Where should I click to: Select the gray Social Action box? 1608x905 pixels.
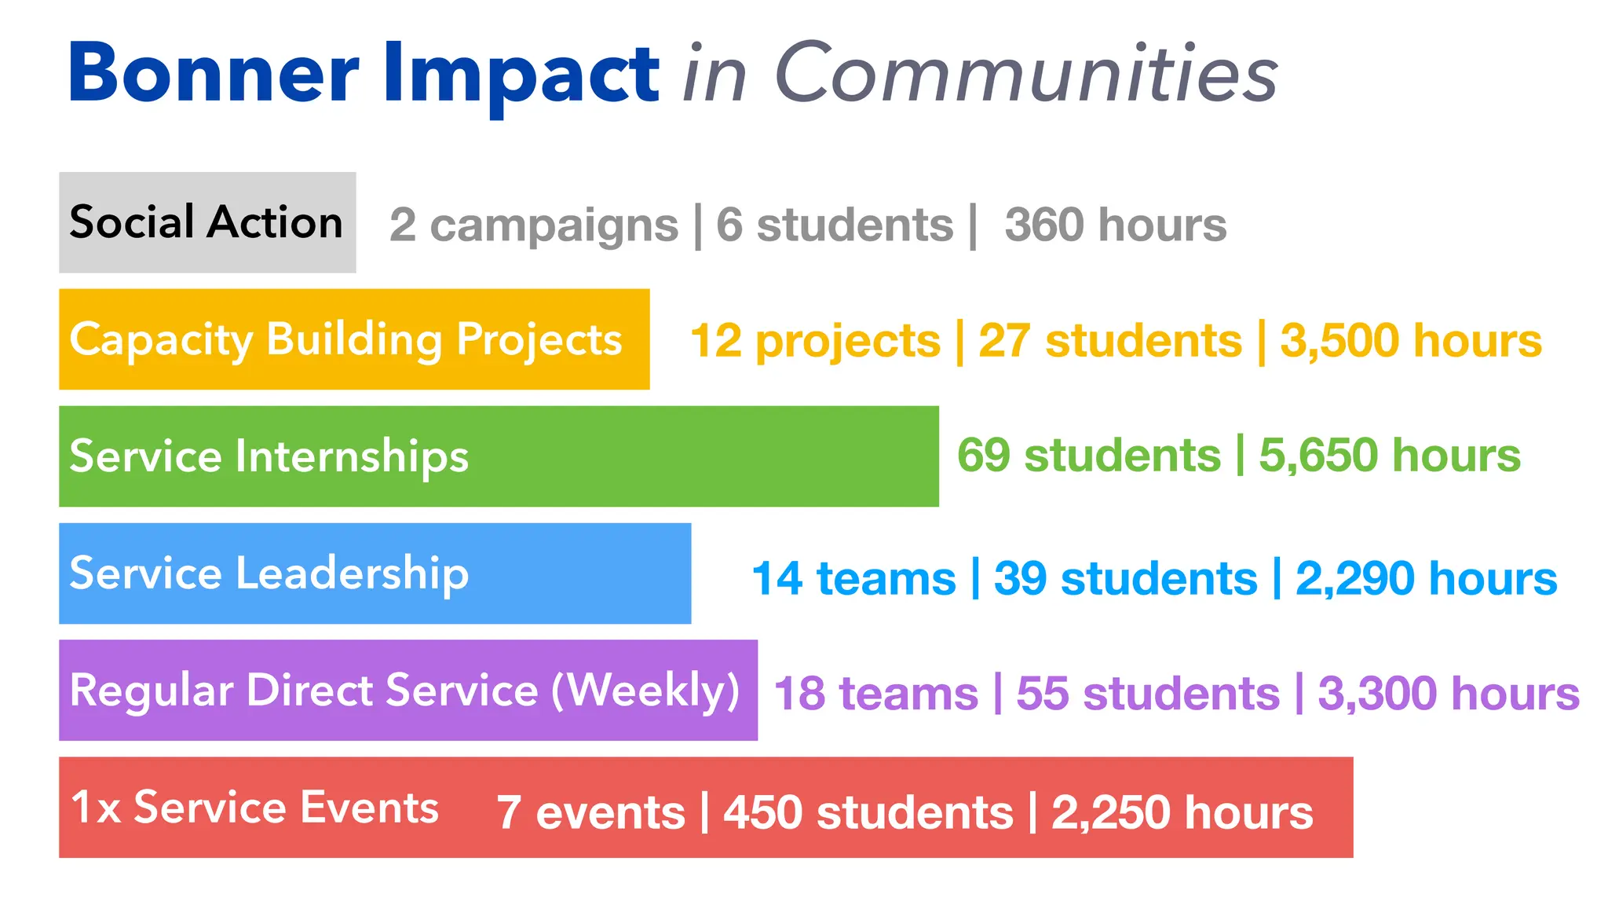(x=207, y=222)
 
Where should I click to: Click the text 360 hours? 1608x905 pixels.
(x=1115, y=225)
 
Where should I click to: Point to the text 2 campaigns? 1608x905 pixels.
(x=534, y=225)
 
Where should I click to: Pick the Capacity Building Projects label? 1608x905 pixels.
(x=345, y=340)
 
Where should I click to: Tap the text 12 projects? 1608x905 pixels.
(x=815, y=341)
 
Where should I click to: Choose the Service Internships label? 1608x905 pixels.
(x=269, y=456)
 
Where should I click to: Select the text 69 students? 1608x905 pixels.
(x=1089, y=456)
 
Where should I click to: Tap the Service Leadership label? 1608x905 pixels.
(x=269, y=573)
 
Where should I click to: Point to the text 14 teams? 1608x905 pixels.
(x=853, y=579)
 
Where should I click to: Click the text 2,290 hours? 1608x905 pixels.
(x=1426, y=579)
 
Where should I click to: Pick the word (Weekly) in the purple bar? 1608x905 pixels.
(x=645, y=691)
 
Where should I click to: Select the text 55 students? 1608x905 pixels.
(x=1148, y=694)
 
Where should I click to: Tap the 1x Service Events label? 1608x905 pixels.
(x=254, y=808)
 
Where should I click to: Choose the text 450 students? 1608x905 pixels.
(x=868, y=812)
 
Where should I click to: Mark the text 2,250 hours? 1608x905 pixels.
(x=1182, y=812)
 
